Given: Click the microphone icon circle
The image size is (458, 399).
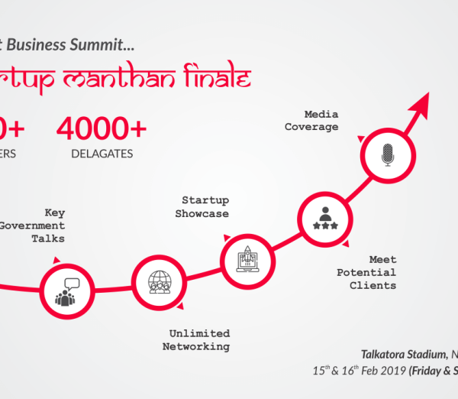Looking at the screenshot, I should click(387, 156).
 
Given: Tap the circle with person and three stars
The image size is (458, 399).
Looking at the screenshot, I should click(325, 218).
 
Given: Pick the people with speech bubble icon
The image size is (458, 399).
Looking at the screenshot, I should click(66, 290).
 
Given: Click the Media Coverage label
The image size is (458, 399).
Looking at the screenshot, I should click(312, 121).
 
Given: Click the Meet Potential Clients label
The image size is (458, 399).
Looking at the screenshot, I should click(367, 273).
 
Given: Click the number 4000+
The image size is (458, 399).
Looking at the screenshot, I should click(102, 128).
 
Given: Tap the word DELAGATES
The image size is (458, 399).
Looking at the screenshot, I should click(102, 154).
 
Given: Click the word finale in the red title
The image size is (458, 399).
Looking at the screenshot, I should click(216, 79).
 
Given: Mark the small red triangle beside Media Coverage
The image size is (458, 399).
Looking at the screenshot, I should click(360, 138).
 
